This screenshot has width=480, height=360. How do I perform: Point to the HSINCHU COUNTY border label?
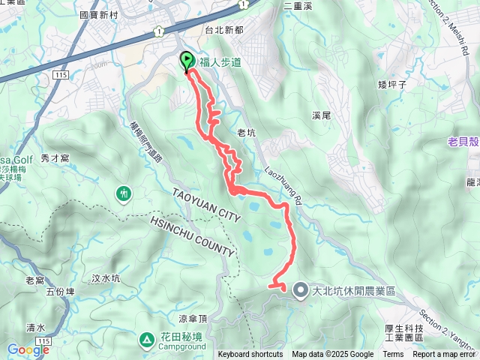(192, 237)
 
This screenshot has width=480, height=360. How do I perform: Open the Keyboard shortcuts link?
(250, 355)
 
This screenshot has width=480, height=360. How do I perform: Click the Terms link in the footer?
(393, 355)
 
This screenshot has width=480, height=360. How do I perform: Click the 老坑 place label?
(246, 133)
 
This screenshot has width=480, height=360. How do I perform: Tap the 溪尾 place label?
(320, 115)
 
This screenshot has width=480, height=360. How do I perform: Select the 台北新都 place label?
(225, 31)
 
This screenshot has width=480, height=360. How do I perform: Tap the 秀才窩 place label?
(55, 158)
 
